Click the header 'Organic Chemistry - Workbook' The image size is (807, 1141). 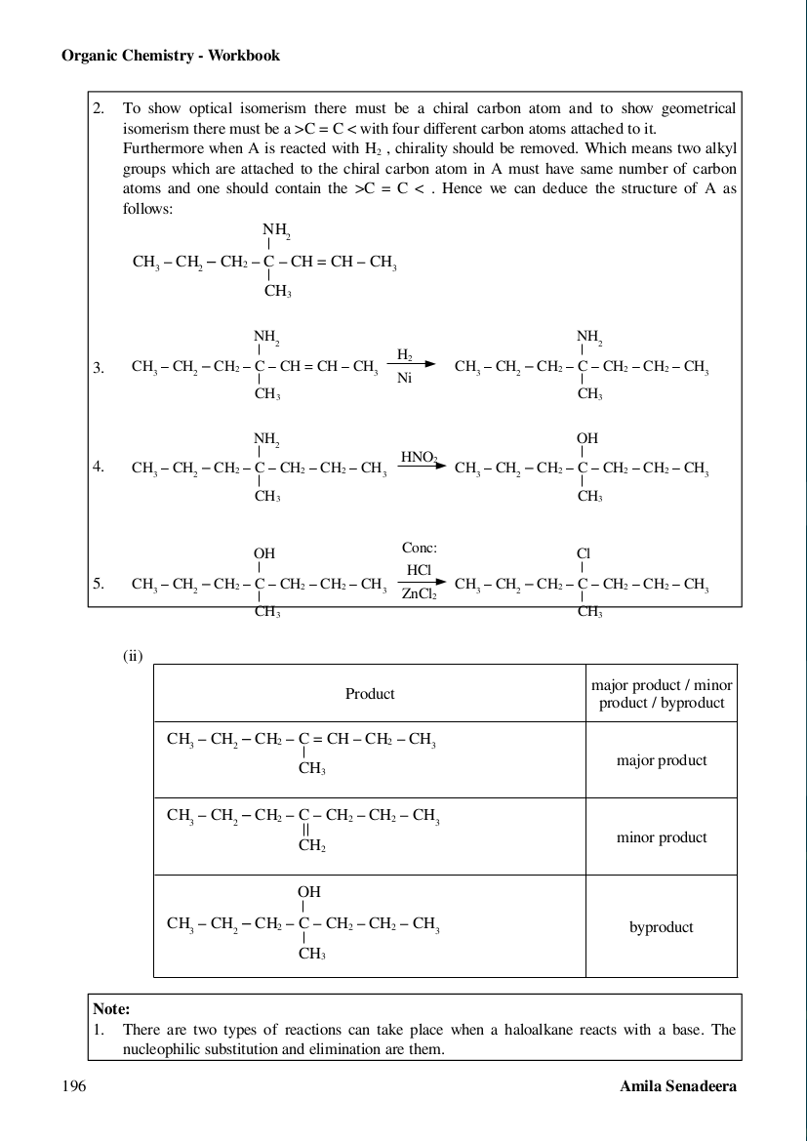[x=171, y=56]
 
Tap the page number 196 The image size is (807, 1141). [x=73, y=1086]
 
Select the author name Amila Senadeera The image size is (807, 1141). [x=678, y=1086]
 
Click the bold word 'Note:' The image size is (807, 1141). [x=111, y=1009]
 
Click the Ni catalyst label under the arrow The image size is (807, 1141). [x=405, y=379]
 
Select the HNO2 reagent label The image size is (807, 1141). [x=420, y=456]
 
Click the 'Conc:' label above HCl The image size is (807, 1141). [x=420, y=548]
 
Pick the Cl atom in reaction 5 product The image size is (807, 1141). [x=584, y=552]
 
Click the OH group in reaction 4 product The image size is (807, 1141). [x=586, y=439]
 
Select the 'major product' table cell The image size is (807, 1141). [x=662, y=760]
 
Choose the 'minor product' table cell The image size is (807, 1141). [x=662, y=837]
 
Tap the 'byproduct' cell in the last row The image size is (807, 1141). [x=662, y=927]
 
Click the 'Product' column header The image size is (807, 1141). [x=370, y=694]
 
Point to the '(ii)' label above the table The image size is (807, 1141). [x=133, y=656]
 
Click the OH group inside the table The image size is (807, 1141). [x=309, y=892]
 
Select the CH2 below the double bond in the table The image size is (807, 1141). [x=311, y=846]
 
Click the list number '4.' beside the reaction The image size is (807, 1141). [x=99, y=467]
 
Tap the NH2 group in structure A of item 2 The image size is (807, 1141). [x=277, y=230]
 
